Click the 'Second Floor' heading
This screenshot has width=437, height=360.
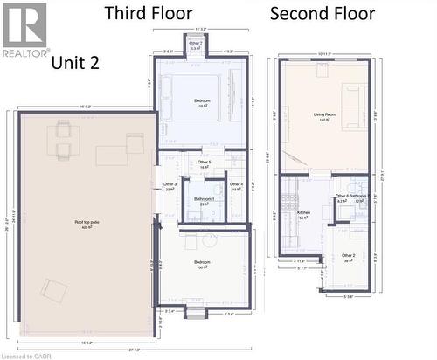click(x=323, y=13)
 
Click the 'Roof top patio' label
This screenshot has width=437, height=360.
click(x=85, y=225)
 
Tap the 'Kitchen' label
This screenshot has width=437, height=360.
click(x=303, y=212)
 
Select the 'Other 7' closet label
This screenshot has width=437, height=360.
click(x=196, y=44)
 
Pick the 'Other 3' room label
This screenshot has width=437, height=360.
click(x=170, y=185)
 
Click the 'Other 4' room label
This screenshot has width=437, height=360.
click(x=236, y=185)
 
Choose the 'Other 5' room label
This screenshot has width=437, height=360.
click(x=204, y=163)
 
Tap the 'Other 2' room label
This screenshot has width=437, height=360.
click(x=348, y=257)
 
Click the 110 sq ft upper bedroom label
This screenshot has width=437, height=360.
click(x=203, y=103)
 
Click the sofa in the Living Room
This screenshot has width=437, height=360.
click(x=355, y=107)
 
